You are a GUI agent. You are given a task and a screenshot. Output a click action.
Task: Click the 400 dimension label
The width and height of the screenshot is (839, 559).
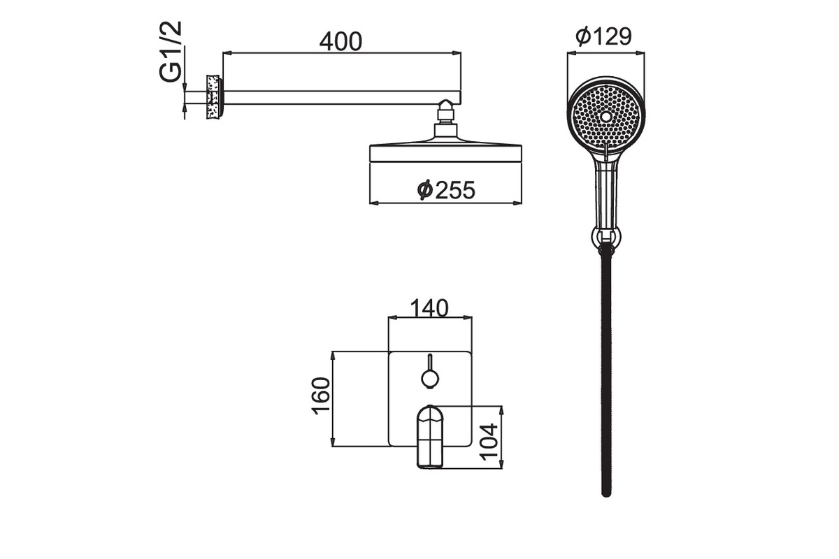[x=340, y=41]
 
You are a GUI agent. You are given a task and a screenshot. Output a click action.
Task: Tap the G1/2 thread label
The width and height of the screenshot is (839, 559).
[x=171, y=51]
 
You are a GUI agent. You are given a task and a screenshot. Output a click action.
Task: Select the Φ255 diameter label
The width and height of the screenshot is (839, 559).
[x=446, y=190]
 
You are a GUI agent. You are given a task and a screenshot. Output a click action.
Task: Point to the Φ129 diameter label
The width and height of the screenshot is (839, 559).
[x=604, y=36]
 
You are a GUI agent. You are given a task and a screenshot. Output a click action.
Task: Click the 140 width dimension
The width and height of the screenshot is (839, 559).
[x=429, y=308]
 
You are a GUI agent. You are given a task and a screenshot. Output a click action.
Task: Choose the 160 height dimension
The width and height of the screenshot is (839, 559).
[x=321, y=395]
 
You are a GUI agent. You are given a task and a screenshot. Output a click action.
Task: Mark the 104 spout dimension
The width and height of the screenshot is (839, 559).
[x=489, y=442]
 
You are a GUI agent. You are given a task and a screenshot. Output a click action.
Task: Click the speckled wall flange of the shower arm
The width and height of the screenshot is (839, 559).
[x=213, y=97]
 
